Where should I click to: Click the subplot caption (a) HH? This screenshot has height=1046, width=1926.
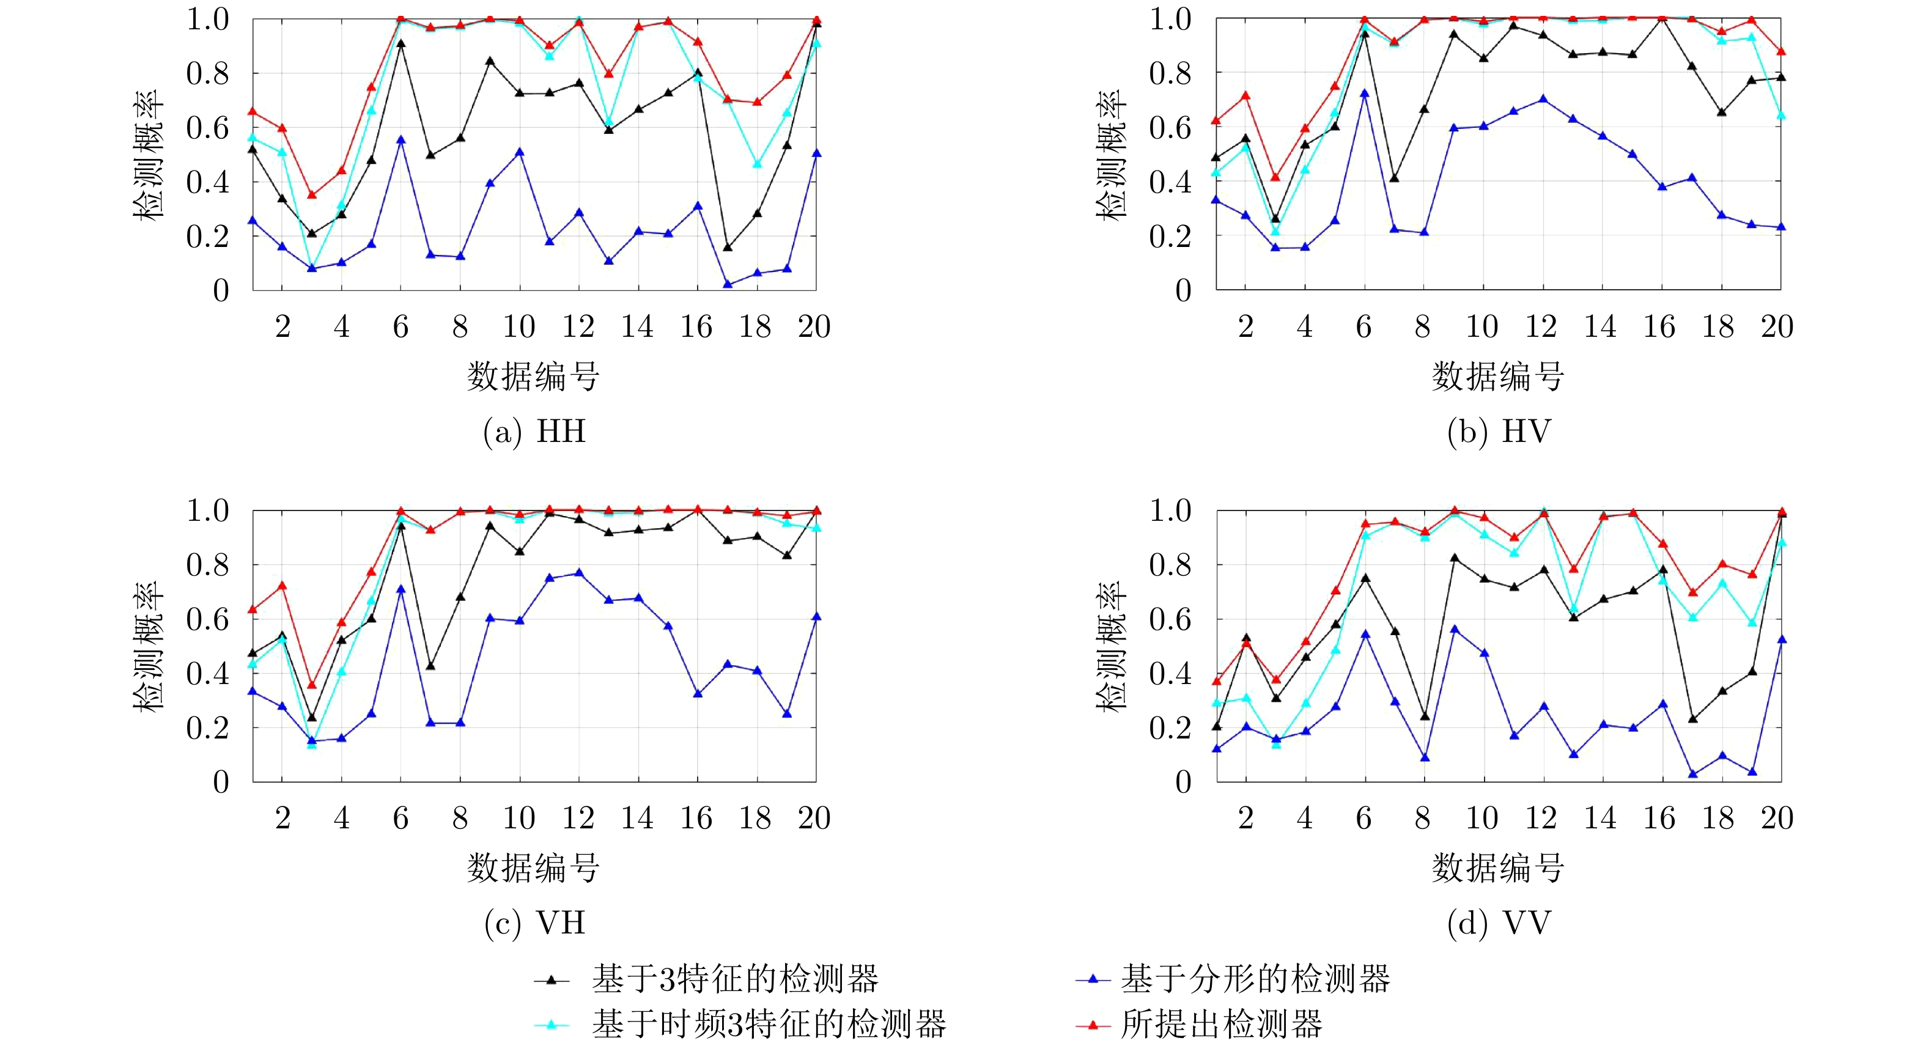(534, 432)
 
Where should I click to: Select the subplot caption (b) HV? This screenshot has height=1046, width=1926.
(1499, 432)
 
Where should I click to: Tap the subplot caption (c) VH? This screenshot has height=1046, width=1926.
(534, 923)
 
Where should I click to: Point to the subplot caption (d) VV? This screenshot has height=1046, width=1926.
(1499, 923)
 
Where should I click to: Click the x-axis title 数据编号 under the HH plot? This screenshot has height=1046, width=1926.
(533, 376)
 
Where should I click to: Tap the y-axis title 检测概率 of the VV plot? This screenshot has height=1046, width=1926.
(1112, 647)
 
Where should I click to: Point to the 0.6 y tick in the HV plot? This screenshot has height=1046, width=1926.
(1170, 128)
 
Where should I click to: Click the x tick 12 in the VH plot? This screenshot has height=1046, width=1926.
(578, 818)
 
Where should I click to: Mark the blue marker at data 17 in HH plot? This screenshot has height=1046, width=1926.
(728, 284)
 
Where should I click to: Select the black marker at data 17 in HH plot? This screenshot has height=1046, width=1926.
(728, 248)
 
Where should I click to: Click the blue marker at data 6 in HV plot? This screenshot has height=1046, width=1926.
(1365, 94)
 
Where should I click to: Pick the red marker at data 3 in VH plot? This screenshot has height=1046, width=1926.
(312, 685)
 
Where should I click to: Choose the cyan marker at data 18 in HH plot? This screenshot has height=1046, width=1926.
(757, 164)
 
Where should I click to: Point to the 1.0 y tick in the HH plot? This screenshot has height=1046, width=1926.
(207, 20)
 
